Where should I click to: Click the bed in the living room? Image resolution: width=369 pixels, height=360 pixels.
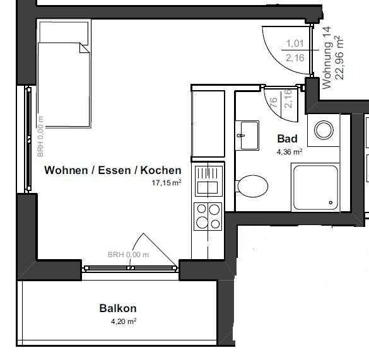point(64,82)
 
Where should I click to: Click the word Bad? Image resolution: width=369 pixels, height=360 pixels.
point(287,139)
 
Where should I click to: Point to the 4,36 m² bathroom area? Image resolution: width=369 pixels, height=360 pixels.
point(289,152)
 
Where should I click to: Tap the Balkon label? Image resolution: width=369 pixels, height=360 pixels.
point(117,309)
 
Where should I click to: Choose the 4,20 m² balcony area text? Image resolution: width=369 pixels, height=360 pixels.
point(123,321)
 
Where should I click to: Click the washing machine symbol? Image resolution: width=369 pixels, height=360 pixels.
point(324,131)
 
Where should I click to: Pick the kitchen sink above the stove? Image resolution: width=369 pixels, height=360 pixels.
point(208,180)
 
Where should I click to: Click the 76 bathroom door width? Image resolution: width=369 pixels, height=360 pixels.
point(273,103)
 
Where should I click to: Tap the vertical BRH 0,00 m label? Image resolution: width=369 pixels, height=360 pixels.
point(40,136)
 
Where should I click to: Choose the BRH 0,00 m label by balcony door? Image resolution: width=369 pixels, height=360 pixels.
point(128,255)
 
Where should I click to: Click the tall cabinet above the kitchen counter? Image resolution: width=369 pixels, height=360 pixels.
point(208,126)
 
